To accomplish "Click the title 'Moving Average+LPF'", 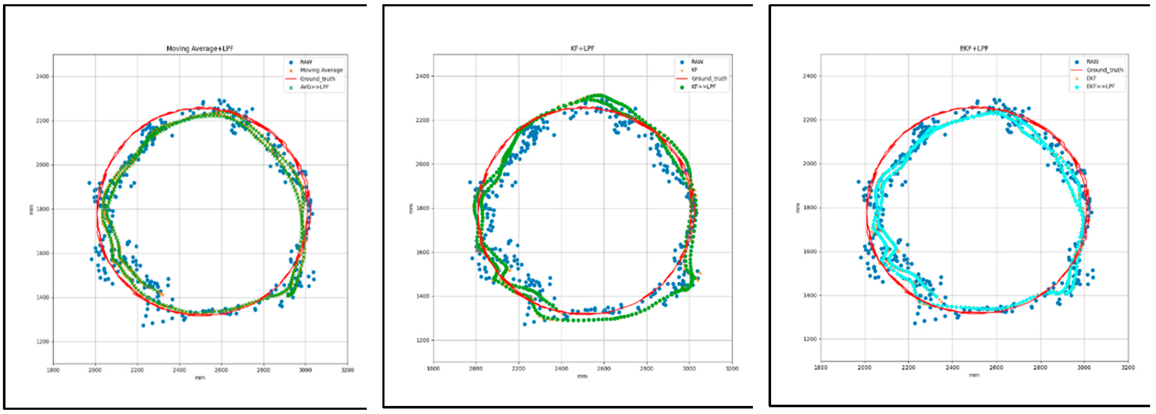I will (200, 49).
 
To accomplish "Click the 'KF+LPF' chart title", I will (582, 48).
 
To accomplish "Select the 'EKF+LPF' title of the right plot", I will (974, 48).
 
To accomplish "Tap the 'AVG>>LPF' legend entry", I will (314, 87).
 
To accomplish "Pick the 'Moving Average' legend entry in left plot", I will (321, 70).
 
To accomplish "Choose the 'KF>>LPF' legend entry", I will (703, 87).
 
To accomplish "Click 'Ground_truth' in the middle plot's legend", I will (709, 78).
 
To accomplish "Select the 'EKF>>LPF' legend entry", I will (1100, 86).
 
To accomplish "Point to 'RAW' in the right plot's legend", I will (1092, 61).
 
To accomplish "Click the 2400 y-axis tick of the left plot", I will (43, 77).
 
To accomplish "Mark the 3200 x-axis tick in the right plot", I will (1128, 367).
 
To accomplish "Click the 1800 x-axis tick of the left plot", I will (53, 370).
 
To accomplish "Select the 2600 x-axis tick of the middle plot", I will (604, 369).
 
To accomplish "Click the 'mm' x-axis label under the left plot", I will (200, 378).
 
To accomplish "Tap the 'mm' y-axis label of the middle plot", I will (410, 208).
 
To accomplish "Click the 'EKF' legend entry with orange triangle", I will (1091, 78).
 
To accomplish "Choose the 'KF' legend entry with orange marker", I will (694, 70).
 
